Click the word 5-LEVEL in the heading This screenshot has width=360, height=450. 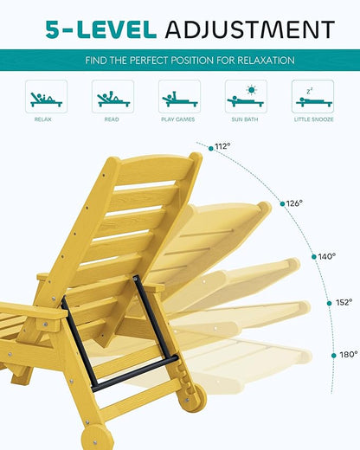tap(101, 29)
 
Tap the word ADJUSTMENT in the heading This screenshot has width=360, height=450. tap(250, 29)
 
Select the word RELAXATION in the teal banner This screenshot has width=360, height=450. tap(266, 61)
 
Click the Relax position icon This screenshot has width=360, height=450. tap(46, 96)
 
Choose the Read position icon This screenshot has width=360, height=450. tap(112, 96)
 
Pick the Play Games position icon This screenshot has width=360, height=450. tap(179, 96)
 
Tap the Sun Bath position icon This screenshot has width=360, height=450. tap(246, 96)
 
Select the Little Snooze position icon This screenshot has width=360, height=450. tap(312, 96)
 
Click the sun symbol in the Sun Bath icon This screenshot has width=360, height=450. tap(252, 90)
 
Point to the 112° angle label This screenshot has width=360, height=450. tap(222, 146)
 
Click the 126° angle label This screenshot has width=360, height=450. tap(294, 203)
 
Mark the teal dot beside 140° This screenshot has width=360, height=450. tap(314, 257)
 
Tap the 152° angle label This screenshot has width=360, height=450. tap(344, 302)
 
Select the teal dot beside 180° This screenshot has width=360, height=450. tap(334, 356)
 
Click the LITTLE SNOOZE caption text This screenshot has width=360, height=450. tap(313, 119)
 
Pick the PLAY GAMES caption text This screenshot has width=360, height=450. tap(178, 119)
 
